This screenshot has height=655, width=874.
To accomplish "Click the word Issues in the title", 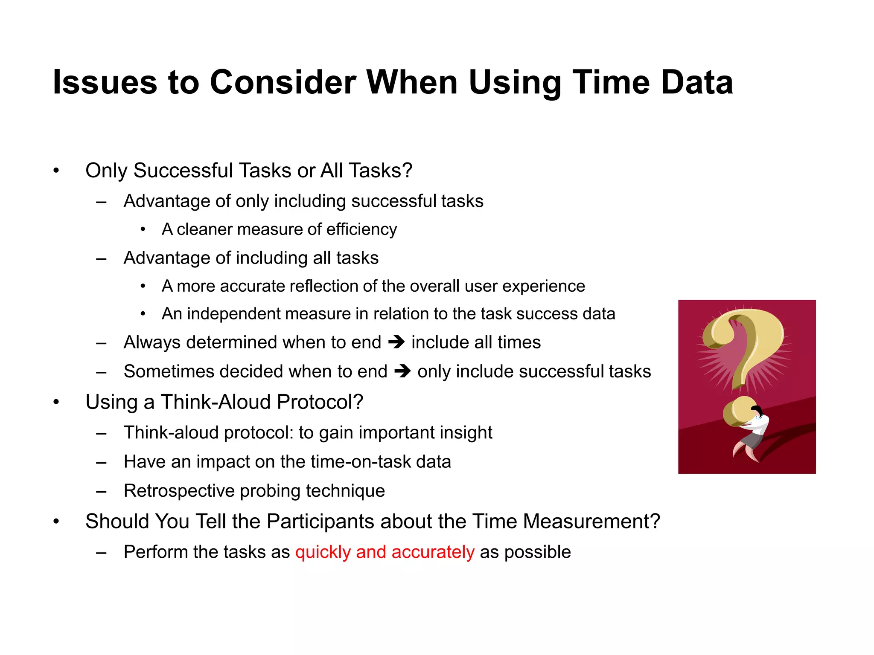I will coord(105,82).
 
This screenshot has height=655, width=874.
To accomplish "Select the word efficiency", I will coord(361,229).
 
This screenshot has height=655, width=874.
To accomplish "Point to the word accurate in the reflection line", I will coord(252,286).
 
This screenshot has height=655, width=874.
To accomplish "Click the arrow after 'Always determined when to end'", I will coord(396,342).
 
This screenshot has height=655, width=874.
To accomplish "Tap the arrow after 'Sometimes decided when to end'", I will coord(402,371).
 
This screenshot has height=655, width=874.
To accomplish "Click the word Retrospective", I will coord(179,491).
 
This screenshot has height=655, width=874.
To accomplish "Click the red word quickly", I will coord(323,552).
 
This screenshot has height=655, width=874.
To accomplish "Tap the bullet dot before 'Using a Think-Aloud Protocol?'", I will coord(56,402).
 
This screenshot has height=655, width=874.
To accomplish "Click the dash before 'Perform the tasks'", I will coord(101,553).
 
